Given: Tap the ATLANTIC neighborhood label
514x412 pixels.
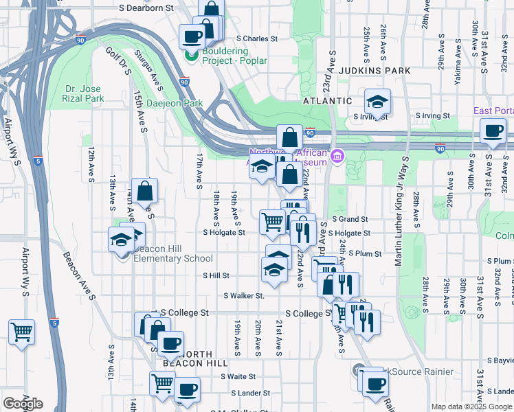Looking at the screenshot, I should [x=327, y=100].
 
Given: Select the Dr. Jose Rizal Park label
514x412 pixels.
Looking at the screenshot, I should [x=93, y=94].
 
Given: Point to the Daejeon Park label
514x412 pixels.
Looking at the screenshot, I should [x=175, y=103].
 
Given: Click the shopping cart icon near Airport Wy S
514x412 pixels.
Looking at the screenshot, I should [x=21, y=332].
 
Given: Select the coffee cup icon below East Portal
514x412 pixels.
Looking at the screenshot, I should [x=493, y=131].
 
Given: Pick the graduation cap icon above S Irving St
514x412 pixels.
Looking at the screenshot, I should [x=377, y=102].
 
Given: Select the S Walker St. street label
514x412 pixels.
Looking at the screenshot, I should [x=244, y=296].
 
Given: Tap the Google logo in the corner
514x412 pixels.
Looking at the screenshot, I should [x=23, y=404].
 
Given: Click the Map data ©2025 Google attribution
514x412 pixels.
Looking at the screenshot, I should [x=471, y=407].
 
